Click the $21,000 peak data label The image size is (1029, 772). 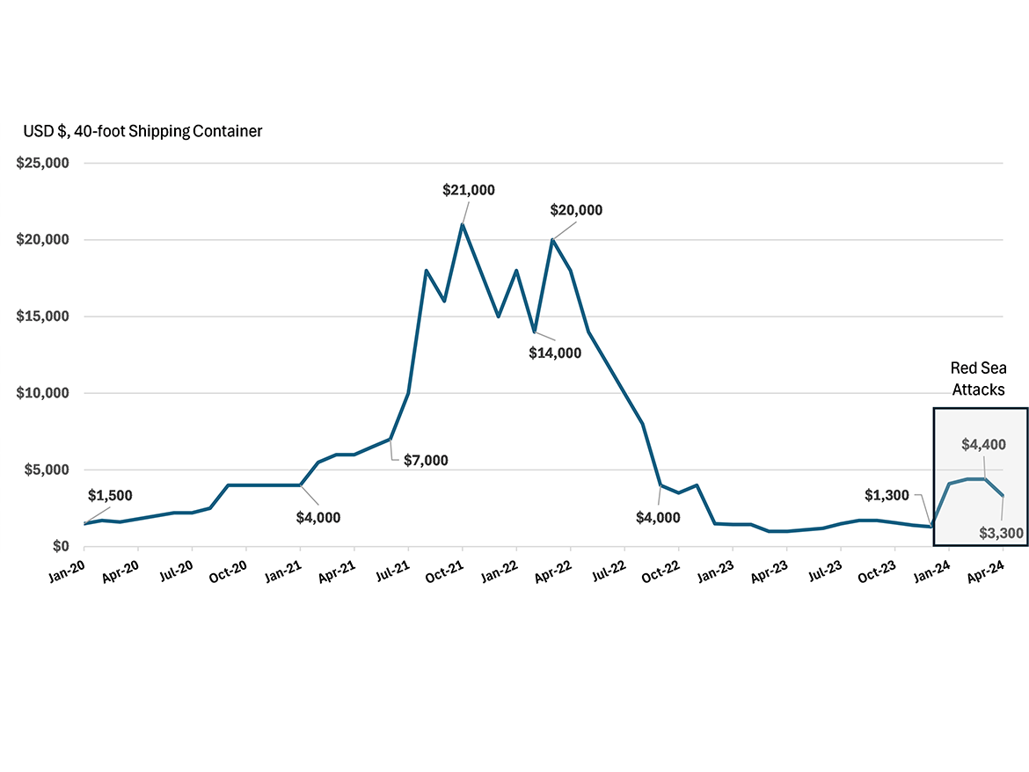tap(469, 190)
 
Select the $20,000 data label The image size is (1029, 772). tap(576, 210)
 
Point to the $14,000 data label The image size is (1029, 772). tap(555, 353)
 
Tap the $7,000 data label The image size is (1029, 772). tap(426, 459)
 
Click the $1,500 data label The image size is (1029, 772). tap(110, 496)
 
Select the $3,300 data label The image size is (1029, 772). tap(1001, 532)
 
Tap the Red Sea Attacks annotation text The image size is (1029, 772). tap(978, 379)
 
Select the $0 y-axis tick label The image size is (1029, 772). tap(61, 546)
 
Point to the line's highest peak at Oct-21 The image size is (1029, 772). tap(463, 224)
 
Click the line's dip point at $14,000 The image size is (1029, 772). tap(535, 331)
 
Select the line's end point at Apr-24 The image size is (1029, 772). tap(1003, 496)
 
